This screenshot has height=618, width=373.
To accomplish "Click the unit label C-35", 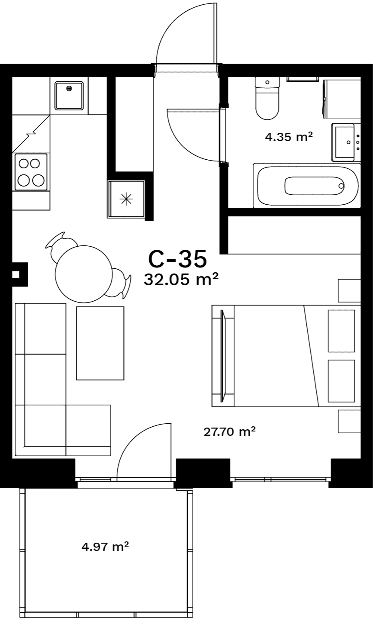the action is (x=177, y=259).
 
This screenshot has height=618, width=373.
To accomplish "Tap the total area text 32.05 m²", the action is (x=181, y=279).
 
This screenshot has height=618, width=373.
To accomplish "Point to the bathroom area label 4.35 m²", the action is (x=289, y=137).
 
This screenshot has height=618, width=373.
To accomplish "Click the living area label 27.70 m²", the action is (x=229, y=431).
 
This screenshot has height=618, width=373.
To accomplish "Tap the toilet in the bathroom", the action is (x=267, y=98).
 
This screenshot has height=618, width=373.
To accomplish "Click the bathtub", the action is (x=307, y=186).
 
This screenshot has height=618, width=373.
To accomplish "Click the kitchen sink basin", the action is (x=69, y=96).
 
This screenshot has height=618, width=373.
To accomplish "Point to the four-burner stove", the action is (x=31, y=172).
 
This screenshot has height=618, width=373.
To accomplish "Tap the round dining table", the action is (x=84, y=274).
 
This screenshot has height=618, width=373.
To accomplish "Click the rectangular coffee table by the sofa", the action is (x=100, y=343).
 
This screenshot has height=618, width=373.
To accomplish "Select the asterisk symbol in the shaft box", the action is (x=126, y=199).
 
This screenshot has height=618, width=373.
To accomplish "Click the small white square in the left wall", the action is (x=16, y=274).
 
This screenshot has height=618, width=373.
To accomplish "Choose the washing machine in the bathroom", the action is (x=341, y=99).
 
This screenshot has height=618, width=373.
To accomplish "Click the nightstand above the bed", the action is (x=350, y=290).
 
